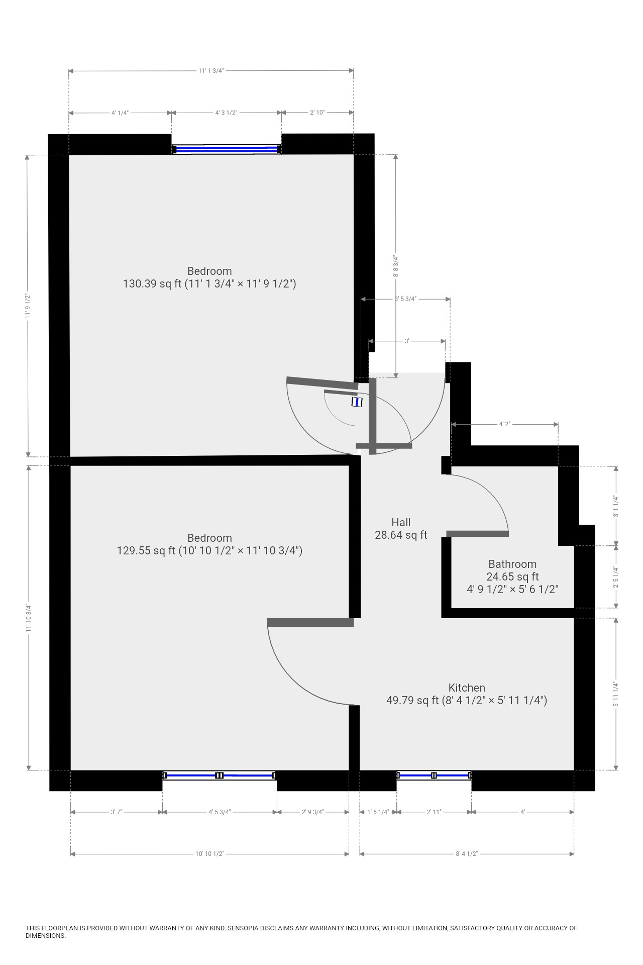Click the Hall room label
[x=401, y=522]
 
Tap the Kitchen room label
[x=467, y=688]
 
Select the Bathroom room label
[x=512, y=564]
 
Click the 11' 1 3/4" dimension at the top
[x=210, y=71]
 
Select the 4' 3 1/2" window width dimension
[x=226, y=113]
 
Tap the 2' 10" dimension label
[x=317, y=113]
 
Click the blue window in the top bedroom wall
[x=227, y=149]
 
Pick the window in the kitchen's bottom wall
[x=434, y=776]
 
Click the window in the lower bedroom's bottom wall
[x=220, y=776]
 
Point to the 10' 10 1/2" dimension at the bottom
[x=209, y=854]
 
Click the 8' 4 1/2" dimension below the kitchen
[x=467, y=854]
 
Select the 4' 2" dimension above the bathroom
[x=504, y=424]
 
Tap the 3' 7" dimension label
[x=116, y=812]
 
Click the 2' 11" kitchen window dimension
[x=434, y=812]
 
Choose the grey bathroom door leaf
[x=477, y=533]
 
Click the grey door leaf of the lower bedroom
[x=310, y=622]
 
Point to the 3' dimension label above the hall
[x=407, y=341]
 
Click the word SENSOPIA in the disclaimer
[x=244, y=928]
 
